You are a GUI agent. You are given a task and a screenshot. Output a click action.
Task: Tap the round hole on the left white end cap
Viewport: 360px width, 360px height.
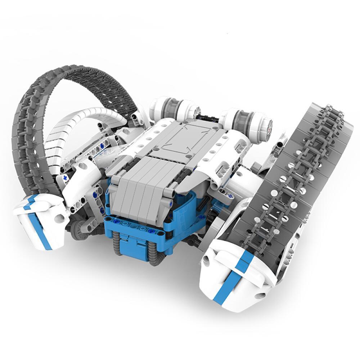58,219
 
